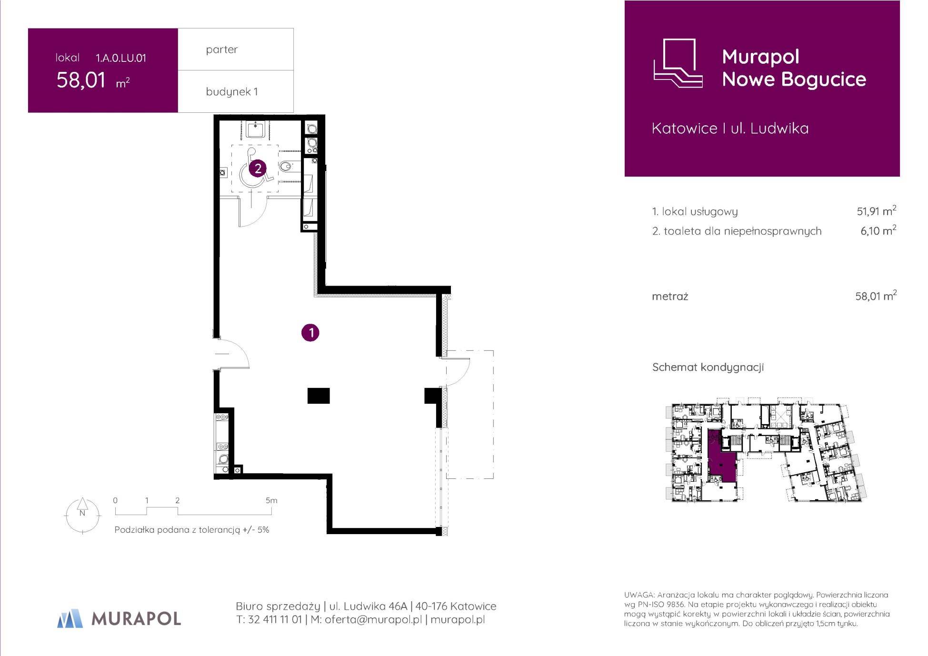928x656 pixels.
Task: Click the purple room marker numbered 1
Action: pyautogui.click(x=310, y=332)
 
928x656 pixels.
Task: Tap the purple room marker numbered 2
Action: pyautogui.click(x=258, y=168)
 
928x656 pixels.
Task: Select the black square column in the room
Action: pyautogui.click(x=319, y=396)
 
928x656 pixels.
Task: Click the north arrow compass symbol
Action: pyautogui.click(x=82, y=515)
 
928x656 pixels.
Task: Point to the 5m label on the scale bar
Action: pyautogui.click(x=271, y=500)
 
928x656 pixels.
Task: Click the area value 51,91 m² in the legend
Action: pyautogui.click(x=877, y=211)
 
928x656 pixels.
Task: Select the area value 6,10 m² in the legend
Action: pyautogui.click(x=878, y=231)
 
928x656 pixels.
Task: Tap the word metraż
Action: pyautogui.click(x=670, y=297)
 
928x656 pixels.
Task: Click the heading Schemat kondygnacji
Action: pyautogui.click(x=708, y=368)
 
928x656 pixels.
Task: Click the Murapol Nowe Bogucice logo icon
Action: pyautogui.click(x=678, y=63)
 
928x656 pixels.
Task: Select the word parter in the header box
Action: pyautogui.click(x=222, y=50)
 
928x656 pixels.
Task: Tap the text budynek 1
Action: pyautogui.click(x=232, y=91)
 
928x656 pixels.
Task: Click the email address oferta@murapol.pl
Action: pyautogui.click(x=373, y=619)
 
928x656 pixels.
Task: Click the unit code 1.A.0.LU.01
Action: pyautogui.click(x=121, y=58)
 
